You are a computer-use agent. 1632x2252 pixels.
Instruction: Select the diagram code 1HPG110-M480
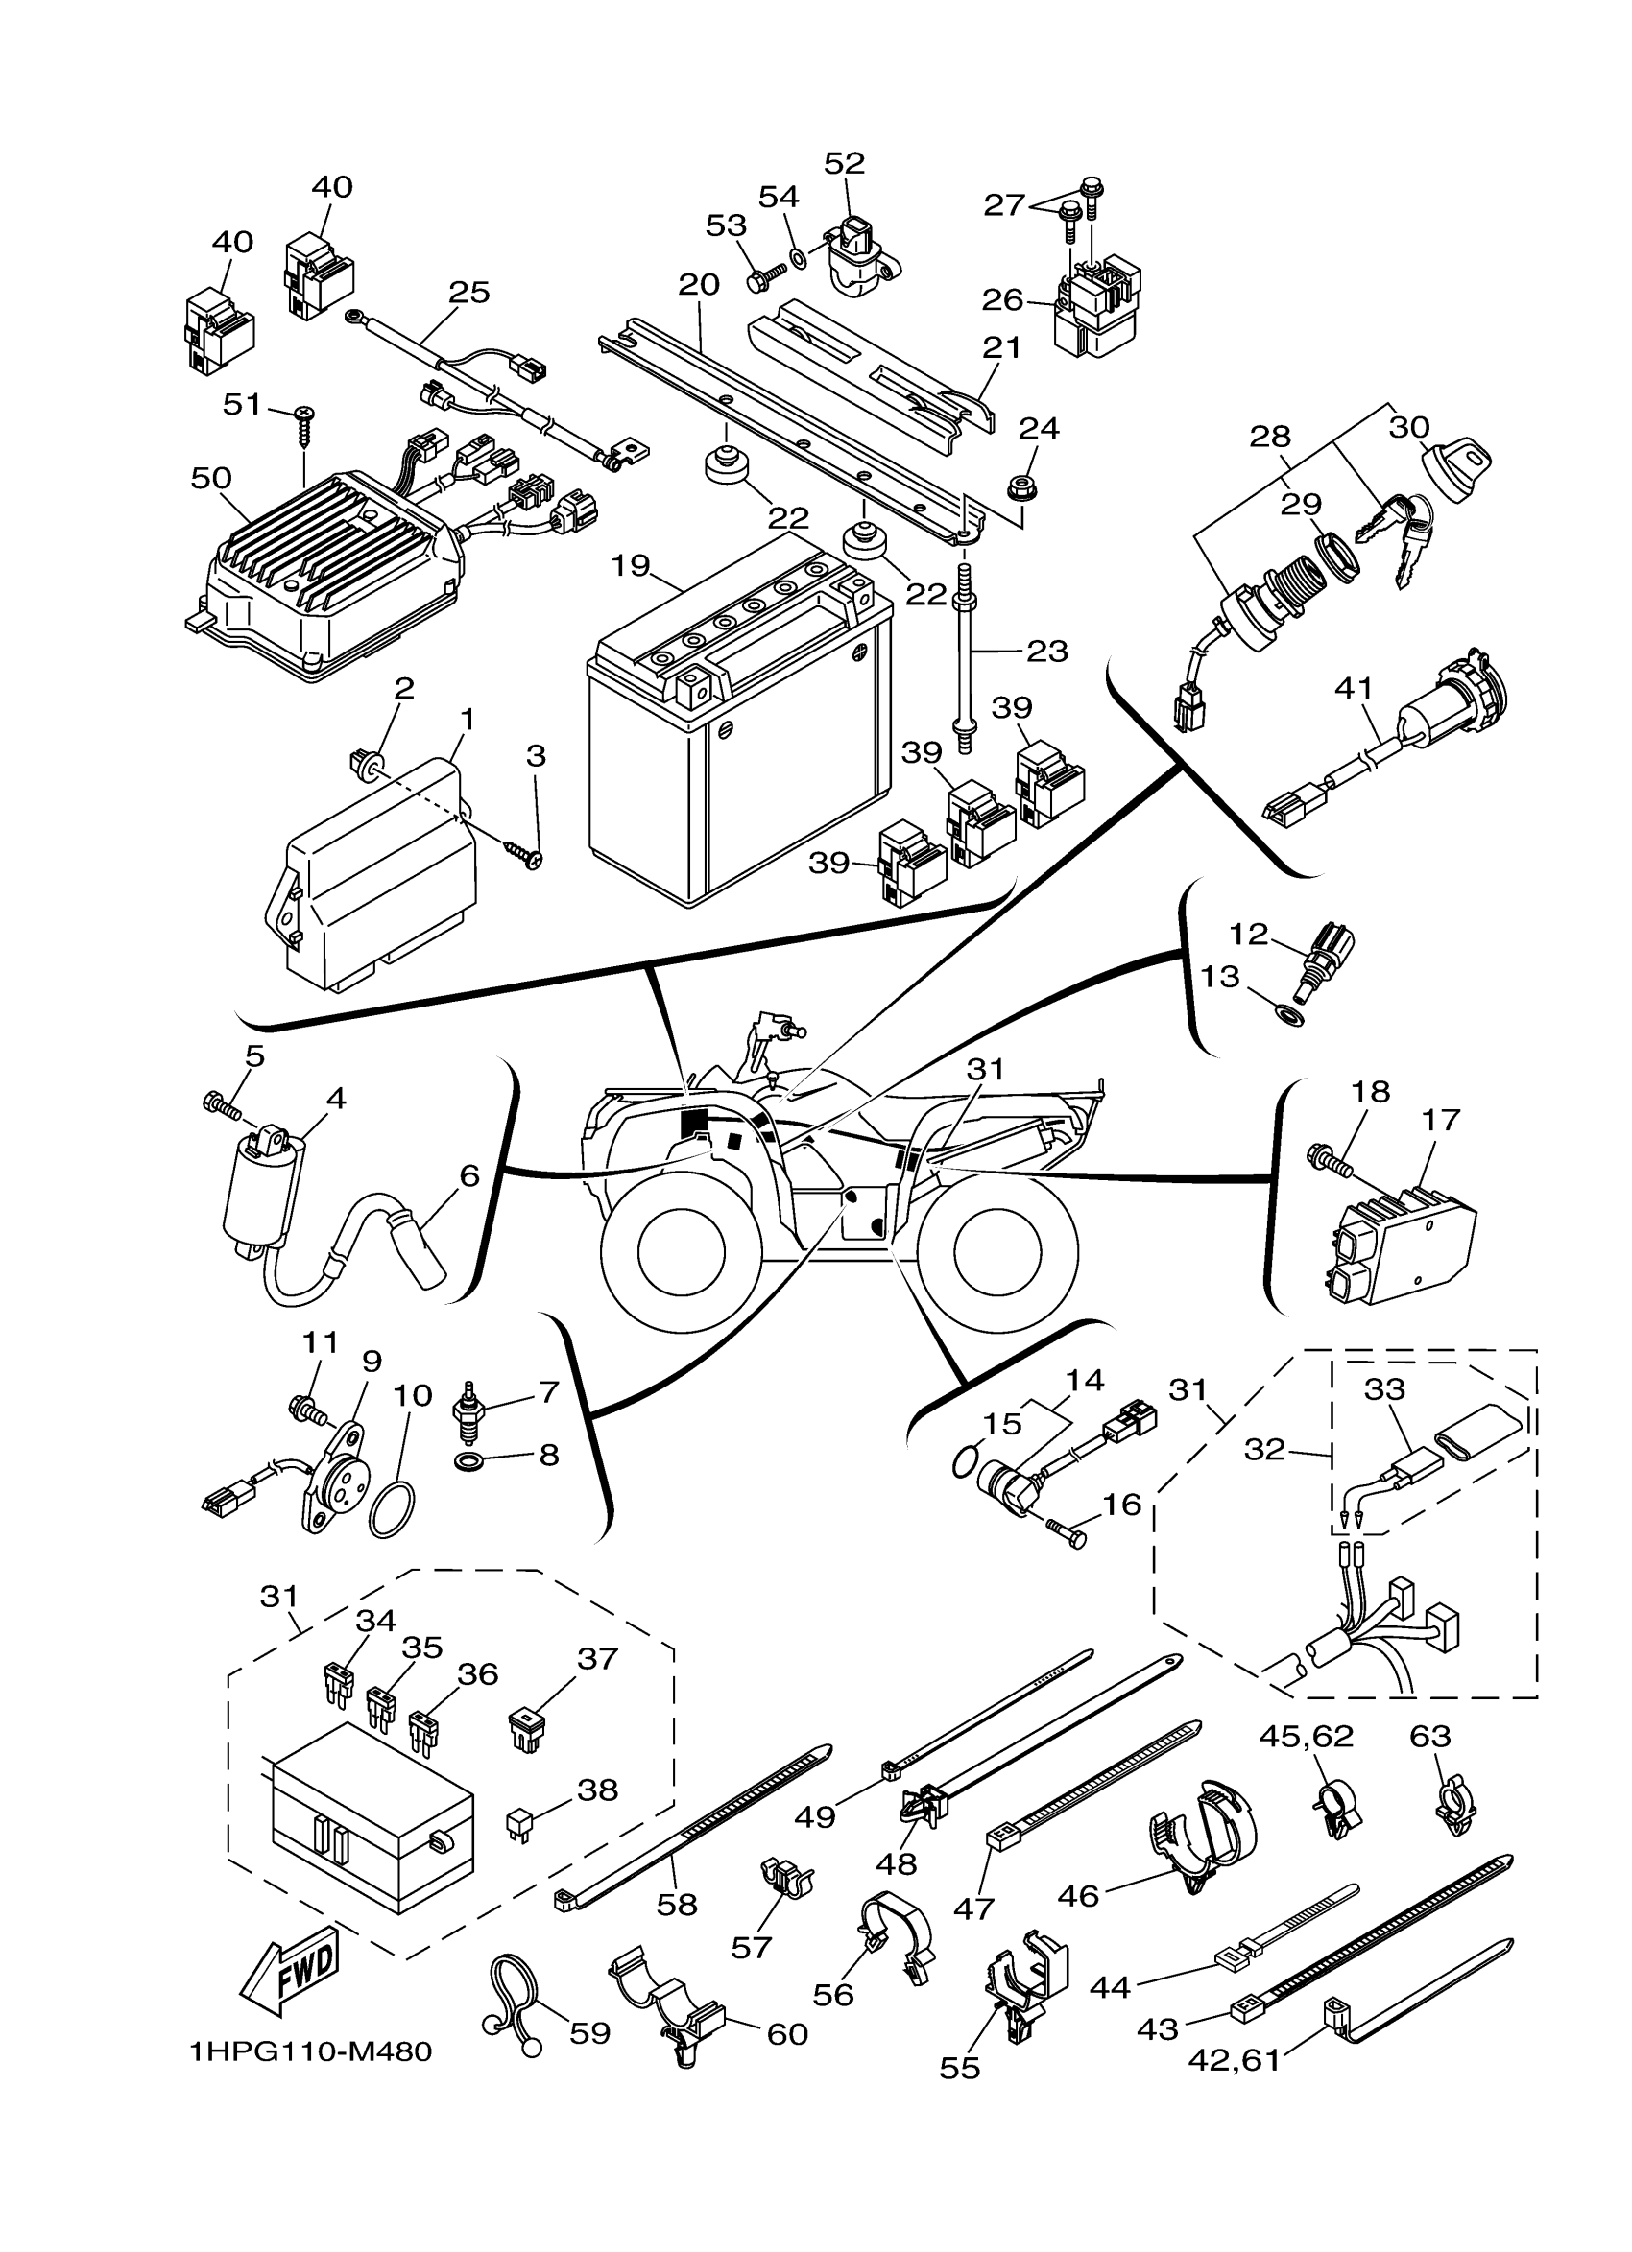pos(311,2050)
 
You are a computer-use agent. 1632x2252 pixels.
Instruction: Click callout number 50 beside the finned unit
pos(210,478)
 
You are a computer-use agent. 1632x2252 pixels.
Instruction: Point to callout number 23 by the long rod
pos(1047,652)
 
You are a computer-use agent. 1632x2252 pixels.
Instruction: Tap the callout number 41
pos(1354,687)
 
